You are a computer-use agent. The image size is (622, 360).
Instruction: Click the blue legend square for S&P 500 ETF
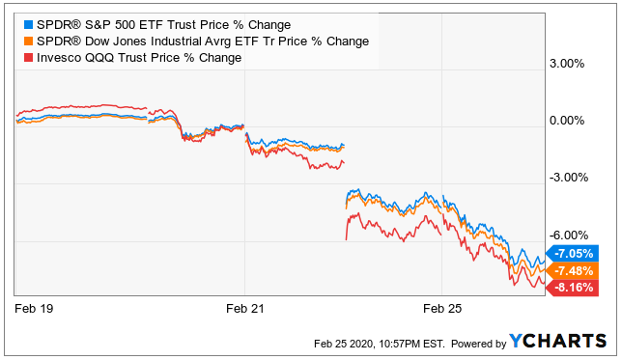[28, 24]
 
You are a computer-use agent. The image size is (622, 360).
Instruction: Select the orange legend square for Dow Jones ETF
[28, 42]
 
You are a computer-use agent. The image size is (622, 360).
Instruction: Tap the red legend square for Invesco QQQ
[28, 58]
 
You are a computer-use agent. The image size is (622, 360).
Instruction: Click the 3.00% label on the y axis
[567, 64]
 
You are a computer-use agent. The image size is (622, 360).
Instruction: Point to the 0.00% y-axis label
[567, 121]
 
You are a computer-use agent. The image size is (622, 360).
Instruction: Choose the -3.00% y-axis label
[569, 178]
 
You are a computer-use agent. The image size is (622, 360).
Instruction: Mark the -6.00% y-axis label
[569, 235]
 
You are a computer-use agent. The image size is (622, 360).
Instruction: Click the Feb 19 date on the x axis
[34, 309]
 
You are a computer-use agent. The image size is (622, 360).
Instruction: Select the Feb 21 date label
[244, 309]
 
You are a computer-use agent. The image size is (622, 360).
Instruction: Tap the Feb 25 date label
[442, 309]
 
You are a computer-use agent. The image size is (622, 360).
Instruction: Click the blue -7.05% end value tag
[573, 253]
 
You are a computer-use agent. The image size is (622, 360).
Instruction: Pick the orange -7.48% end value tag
[573, 271]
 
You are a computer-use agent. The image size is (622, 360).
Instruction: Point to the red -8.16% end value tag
[573, 288]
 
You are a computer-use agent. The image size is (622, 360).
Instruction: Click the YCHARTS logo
[557, 341]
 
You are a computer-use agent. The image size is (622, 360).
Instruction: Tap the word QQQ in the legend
[99, 58]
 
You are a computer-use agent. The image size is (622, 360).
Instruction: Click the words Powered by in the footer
[479, 344]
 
